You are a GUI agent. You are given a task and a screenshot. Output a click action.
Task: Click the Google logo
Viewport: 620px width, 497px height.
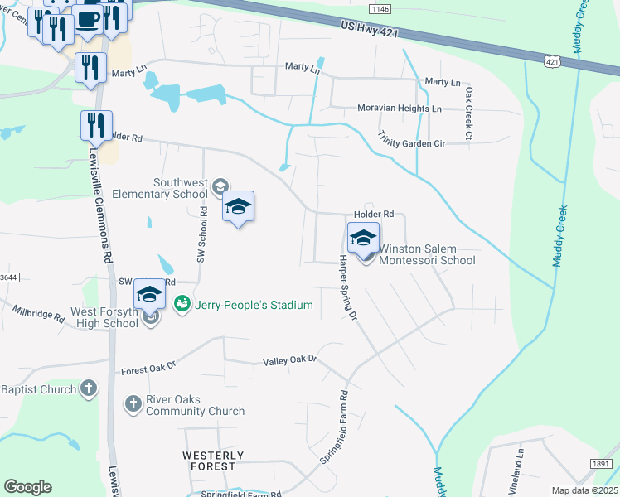click(27, 487)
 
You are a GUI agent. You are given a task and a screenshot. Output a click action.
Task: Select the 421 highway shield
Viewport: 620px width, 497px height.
click(552, 61)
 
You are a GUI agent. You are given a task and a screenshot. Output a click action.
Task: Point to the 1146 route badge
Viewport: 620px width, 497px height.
click(380, 8)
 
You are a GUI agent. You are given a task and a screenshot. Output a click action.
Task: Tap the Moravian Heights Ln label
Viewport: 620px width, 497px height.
click(400, 109)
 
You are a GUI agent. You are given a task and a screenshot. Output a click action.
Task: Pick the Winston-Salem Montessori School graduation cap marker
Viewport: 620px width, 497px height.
click(363, 239)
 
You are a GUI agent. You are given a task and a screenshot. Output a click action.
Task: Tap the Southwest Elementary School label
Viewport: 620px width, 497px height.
click(179, 188)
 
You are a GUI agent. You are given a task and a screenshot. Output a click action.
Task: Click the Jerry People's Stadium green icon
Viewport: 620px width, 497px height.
click(182, 305)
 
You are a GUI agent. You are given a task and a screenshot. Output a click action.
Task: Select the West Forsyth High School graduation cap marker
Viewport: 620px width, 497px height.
click(149, 295)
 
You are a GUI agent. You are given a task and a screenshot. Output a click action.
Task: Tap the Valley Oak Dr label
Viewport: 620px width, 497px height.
click(290, 360)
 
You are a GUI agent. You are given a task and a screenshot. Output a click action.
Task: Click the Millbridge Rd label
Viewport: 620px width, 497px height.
click(38, 314)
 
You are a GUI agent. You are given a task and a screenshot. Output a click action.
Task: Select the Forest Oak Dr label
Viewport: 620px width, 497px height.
click(148, 369)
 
